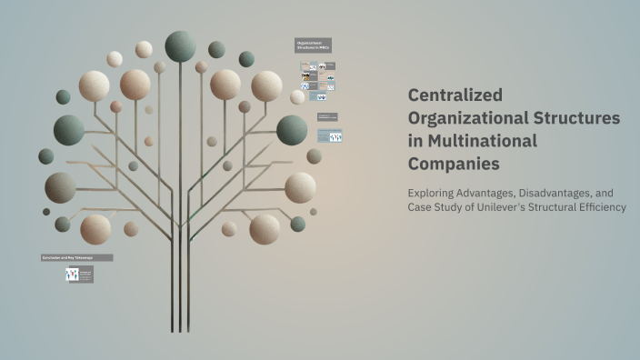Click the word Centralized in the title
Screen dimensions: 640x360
coord(455,95)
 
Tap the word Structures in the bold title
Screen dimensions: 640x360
coord(575,118)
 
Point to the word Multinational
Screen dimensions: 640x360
coord(481,141)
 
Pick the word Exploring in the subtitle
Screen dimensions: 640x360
coord(435,192)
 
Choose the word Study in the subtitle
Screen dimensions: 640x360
coord(455,207)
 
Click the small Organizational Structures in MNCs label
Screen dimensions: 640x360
coord(314,45)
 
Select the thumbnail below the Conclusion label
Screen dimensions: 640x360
coord(80,274)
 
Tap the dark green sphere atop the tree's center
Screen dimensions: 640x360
coord(180,45)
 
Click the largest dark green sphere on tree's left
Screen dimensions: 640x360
coord(69,130)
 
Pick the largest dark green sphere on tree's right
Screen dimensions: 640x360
coord(292,130)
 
